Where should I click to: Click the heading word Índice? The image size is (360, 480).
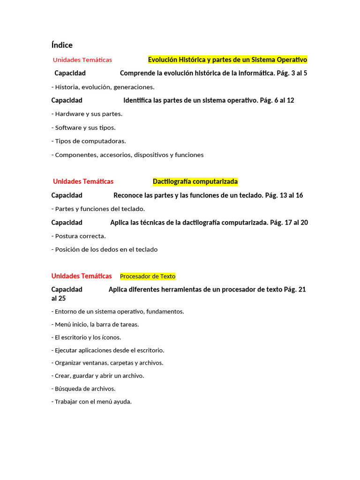coord(62,45)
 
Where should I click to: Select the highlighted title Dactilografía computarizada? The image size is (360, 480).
coord(195,181)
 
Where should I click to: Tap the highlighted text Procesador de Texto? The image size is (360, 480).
coord(148,277)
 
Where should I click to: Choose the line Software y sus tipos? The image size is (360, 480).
coord(85,127)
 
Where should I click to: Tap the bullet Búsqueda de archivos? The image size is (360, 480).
coord(84,389)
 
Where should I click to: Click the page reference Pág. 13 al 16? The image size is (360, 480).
coord(284,195)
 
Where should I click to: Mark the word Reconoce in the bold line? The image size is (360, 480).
coord(127,195)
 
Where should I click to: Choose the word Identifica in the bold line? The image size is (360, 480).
coord(137,100)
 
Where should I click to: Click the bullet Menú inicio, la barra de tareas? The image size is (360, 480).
coord(97,324)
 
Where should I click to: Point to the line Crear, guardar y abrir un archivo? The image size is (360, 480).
coord(99,375)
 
